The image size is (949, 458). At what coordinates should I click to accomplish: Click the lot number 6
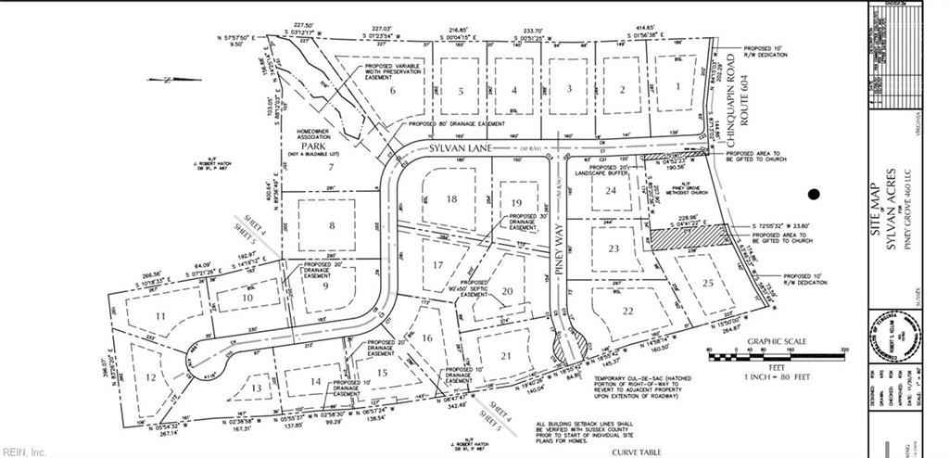tap(393, 91)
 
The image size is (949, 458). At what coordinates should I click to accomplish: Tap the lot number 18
tap(452, 199)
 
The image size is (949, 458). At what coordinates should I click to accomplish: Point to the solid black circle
tap(814, 195)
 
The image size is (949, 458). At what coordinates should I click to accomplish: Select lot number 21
tap(505, 358)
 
